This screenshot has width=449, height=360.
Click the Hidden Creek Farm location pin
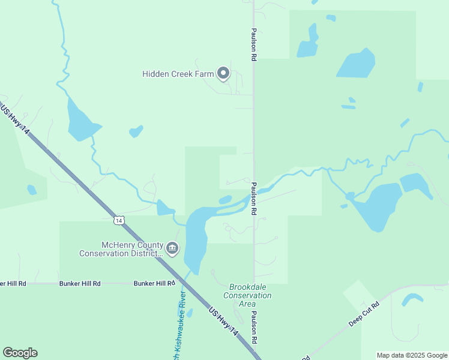coord(223,73)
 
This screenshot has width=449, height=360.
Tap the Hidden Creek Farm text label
coord(178,74)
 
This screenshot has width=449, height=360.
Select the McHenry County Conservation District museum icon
coord(172,248)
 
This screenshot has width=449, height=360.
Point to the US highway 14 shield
coord(119,220)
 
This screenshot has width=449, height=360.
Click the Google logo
coord(20,353)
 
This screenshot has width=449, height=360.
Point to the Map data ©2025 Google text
coord(412,355)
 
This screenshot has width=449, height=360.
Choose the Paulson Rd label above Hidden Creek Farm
coord(254,43)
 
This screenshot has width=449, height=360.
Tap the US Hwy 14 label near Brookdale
coord(223,322)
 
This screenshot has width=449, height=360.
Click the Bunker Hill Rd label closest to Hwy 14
coord(154,283)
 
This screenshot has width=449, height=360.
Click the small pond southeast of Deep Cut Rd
coord(412,298)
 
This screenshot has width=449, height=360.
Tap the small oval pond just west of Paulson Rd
coord(225,200)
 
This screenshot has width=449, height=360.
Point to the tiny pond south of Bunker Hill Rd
coord(190,313)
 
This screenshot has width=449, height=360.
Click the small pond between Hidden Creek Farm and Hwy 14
coord(136,131)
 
